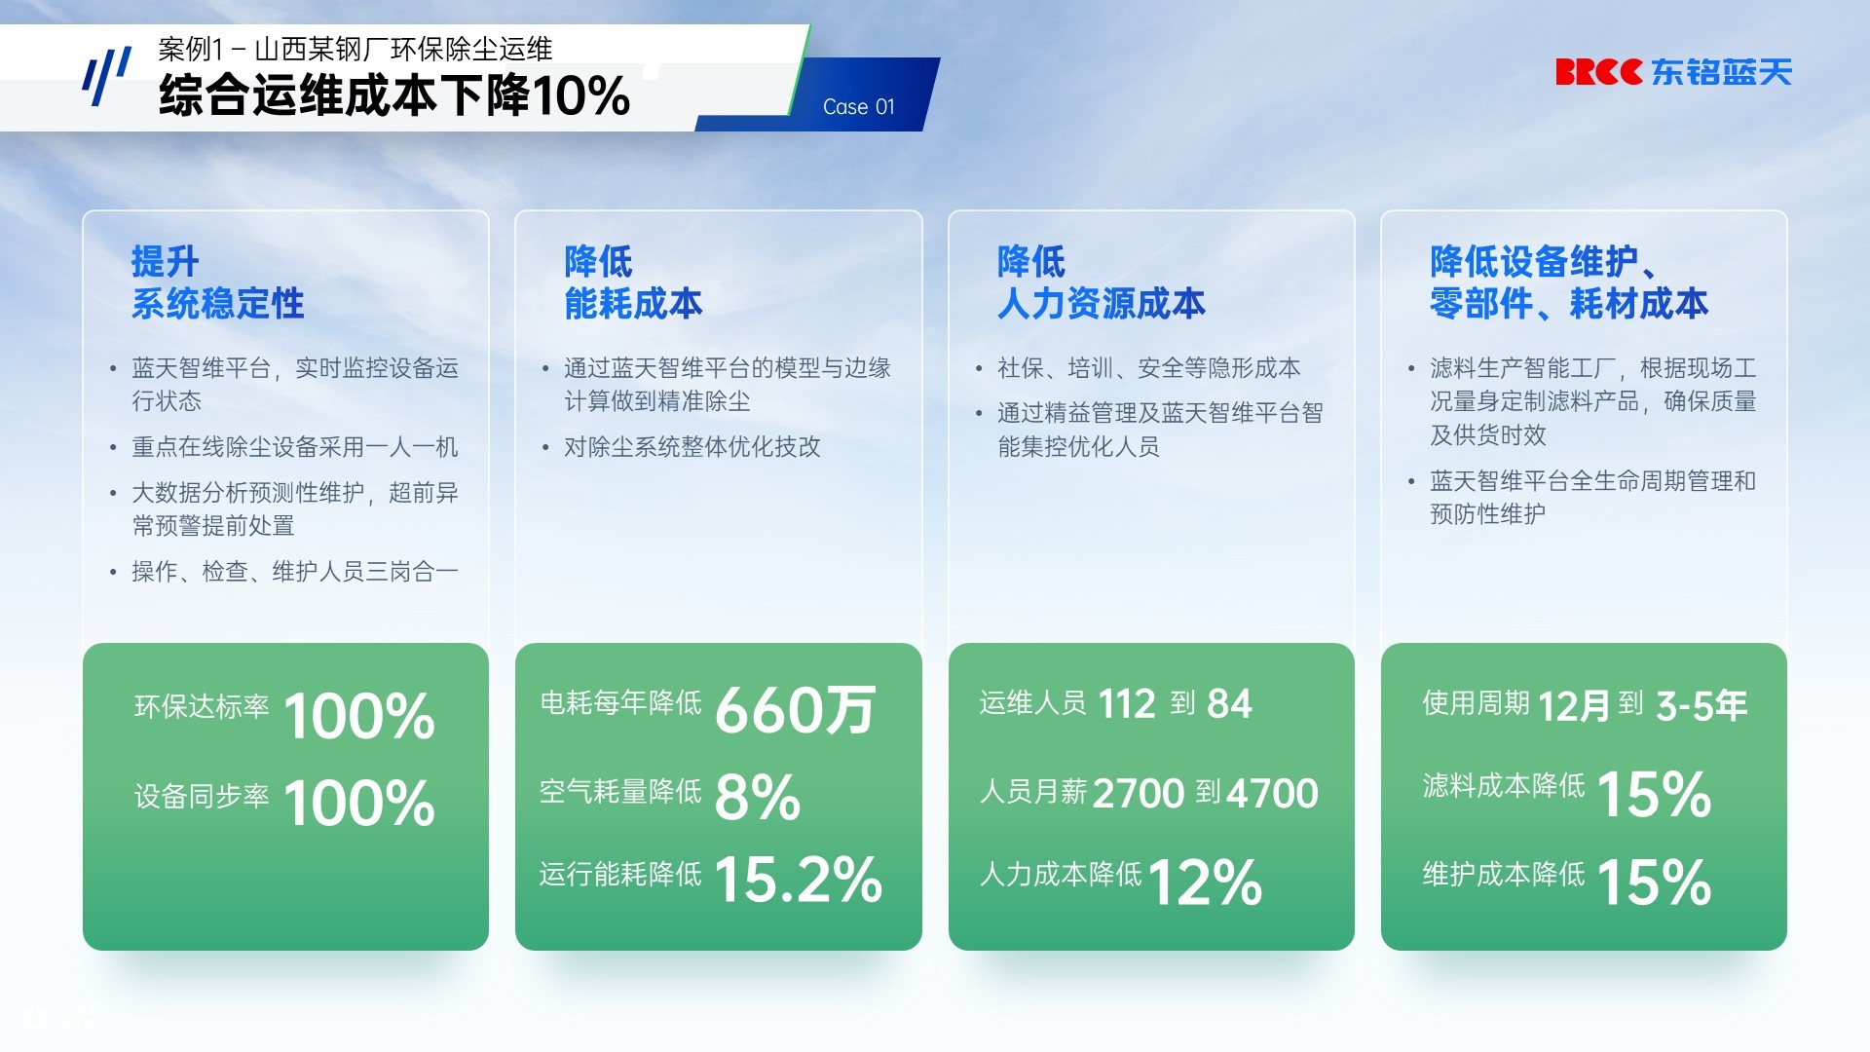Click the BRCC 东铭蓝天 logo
[1673, 72]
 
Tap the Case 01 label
[858, 106]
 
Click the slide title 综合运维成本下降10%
[394, 95]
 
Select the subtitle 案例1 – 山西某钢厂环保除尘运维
[355, 49]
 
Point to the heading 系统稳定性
[218, 304]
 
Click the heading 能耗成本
[633, 304]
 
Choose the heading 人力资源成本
[1102, 304]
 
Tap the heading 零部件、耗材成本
[1569, 304]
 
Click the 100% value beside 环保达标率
[359, 716]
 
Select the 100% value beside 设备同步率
[359, 804]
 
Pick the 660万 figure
[796, 709]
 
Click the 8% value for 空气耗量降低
[758, 797]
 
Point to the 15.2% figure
[799, 880]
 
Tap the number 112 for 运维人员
[1127, 703]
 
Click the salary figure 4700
[1272, 794]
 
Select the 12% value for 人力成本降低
[1206, 883]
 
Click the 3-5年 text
[1702, 705]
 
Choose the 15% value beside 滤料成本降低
[1654, 794]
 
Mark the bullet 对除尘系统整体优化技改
[692, 447]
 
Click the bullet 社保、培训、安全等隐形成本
[1149, 368]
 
